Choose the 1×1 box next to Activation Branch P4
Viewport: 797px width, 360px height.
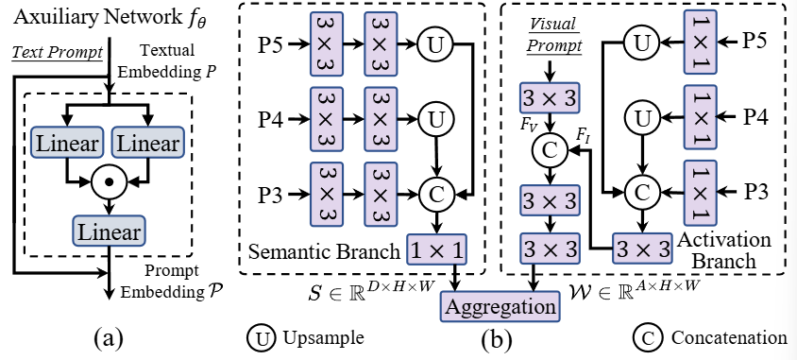(x=701, y=117)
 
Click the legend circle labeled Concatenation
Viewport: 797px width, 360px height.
(x=646, y=336)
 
